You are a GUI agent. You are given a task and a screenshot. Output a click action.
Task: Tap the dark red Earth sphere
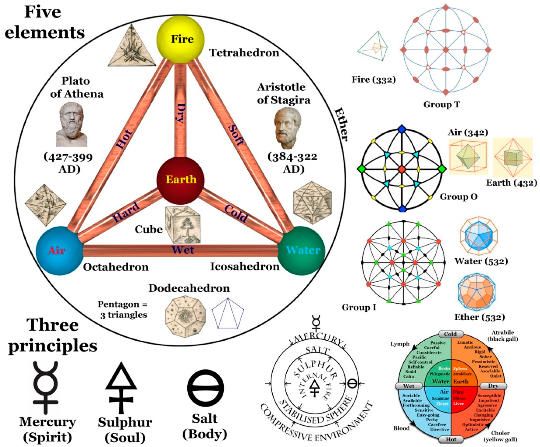click(181, 179)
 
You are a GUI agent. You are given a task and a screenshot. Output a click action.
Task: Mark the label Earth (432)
click(511, 183)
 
